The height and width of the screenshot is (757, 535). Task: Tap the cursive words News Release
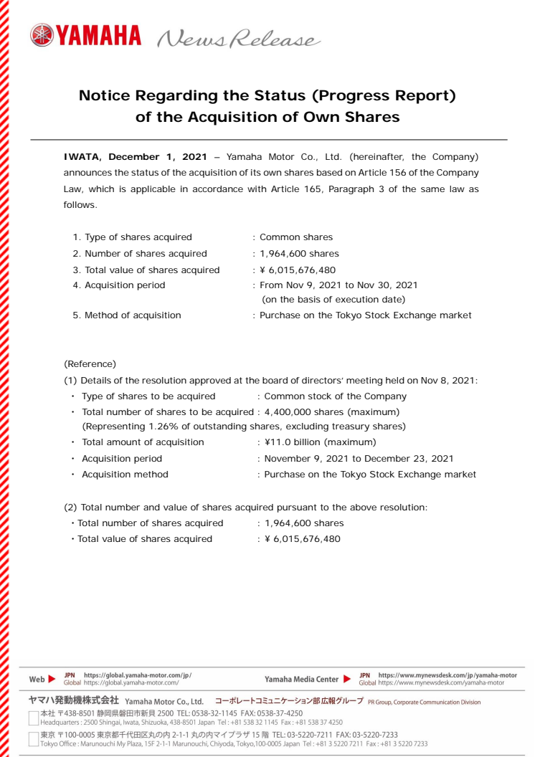pyautogui.click(x=237, y=38)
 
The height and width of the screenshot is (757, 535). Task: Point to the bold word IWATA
pyautogui.click(x=83, y=156)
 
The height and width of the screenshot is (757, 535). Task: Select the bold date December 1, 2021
pyautogui.click(x=158, y=156)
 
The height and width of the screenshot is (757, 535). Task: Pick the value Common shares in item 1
pyautogui.click(x=295, y=237)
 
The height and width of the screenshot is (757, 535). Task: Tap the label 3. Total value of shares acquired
pyautogui.click(x=146, y=270)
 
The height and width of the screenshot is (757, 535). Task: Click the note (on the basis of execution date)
pyautogui.click(x=333, y=299)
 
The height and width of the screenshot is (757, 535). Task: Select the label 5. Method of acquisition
pyautogui.click(x=127, y=315)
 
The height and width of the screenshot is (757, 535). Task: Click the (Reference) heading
pyautogui.click(x=90, y=364)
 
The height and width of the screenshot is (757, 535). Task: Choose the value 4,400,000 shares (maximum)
pyautogui.click(x=331, y=411)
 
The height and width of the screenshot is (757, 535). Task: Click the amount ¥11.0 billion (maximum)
pyautogui.click(x=320, y=442)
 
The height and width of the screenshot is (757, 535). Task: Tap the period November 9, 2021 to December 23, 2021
pyautogui.click(x=359, y=458)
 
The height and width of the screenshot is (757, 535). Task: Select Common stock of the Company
pyautogui.click(x=335, y=396)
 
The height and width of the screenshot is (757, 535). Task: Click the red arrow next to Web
pyautogui.click(x=52, y=679)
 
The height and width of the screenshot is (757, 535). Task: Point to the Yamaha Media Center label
pyautogui.click(x=301, y=679)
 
